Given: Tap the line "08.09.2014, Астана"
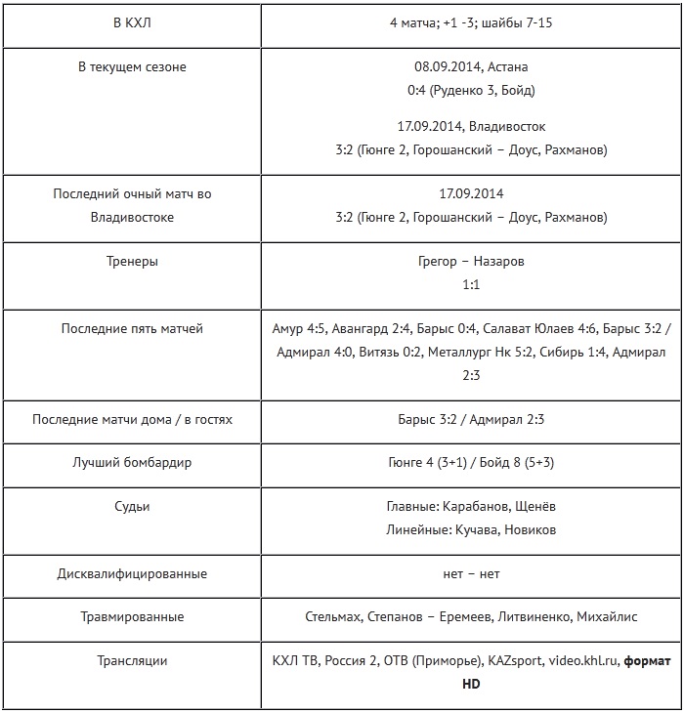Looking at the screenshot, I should click(x=470, y=67).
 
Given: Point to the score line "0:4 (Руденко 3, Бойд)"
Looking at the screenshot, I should click(x=470, y=91).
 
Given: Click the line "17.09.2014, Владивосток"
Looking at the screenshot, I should click(x=470, y=127).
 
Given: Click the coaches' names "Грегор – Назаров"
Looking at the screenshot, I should click(x=470, y=262).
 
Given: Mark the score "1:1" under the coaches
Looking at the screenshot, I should click(x=470, y=285).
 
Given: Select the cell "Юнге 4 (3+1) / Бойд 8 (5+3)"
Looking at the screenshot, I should click(x=470, y=462).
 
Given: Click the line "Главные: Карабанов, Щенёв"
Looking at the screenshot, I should click(x=470, y=507).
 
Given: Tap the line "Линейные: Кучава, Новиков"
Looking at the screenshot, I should click(x=470, y=529).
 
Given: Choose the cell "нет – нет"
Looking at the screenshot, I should click(x=470, y=573).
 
